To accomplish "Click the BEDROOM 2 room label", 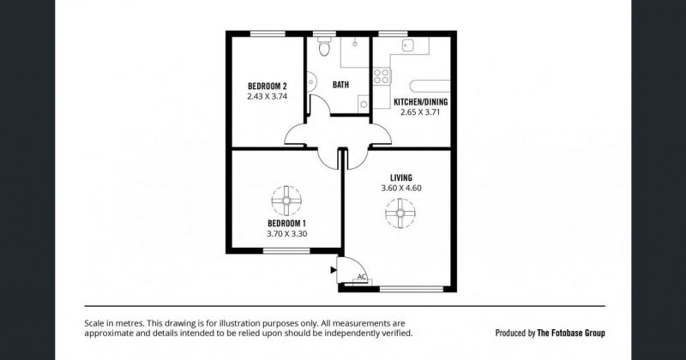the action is (x=268, y=87).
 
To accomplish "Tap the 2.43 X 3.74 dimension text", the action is (x=268, y=97).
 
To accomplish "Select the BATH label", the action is (x=340, y=84).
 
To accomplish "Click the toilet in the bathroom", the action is (x=324, y=46).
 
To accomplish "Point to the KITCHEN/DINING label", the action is (x=421, y=102).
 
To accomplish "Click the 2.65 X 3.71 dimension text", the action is (x=420, y=112).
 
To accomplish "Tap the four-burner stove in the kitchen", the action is (x=382, y=76).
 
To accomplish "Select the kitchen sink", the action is (x=409, y=45).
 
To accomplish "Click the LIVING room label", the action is (x=401, y=177).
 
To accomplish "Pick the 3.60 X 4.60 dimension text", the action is (x=401, y=189).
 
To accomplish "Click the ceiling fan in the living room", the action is (x=400, y=213).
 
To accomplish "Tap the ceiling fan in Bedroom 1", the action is (x=286, y=201).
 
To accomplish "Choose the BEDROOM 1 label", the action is (x=286, y=224).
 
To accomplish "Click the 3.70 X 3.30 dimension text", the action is (x=286, y=234).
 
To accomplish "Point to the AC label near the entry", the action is (x=361, y=277).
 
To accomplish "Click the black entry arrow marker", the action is (x=334, y=270).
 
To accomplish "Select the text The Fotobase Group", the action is (x=571, y=333).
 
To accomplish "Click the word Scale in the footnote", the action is (x=93, y=324).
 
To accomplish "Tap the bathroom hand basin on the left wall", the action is (x=310, y=82).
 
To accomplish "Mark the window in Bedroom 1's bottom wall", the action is (x=286, y=250).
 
